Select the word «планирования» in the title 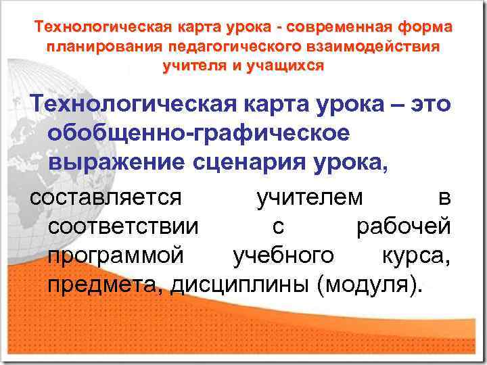coord(95,47)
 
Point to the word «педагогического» coord(213,47)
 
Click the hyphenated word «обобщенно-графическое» coord(199,133)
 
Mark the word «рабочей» coord(403,226)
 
